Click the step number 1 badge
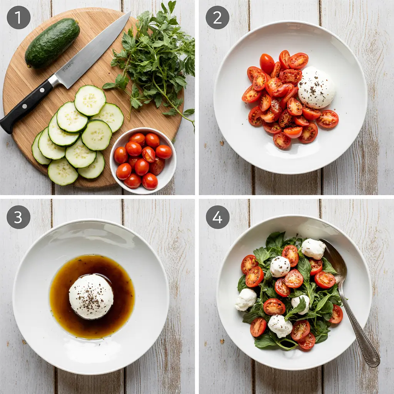tap(18, 17)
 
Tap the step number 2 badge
tap(217, 17)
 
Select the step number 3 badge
tap(18, 217)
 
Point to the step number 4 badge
tap(217, 217)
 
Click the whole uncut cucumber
tap(52, 43)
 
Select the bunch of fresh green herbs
tap(154, 62)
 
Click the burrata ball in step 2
tap(316, 88)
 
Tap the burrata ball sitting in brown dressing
tap(91, 296)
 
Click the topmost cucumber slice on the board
tap(90, 100)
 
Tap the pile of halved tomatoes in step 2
tap(281, 100)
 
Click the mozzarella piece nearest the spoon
tap(313, 249)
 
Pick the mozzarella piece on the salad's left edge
tap(245, 299)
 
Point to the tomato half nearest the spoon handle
tap(336, 314)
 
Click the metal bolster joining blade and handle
tap(54, 81)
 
